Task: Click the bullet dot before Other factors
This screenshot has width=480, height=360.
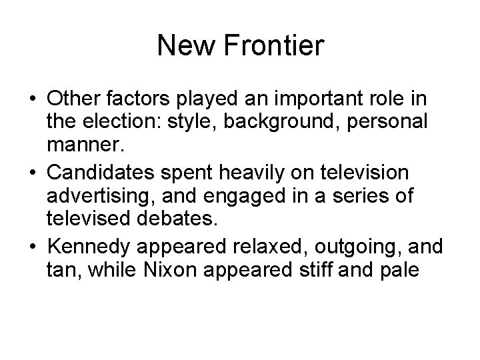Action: click(x=32, y=98)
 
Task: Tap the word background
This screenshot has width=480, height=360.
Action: click(x=285, y=122)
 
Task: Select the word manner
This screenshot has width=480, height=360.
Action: click(x=83, y=146)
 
